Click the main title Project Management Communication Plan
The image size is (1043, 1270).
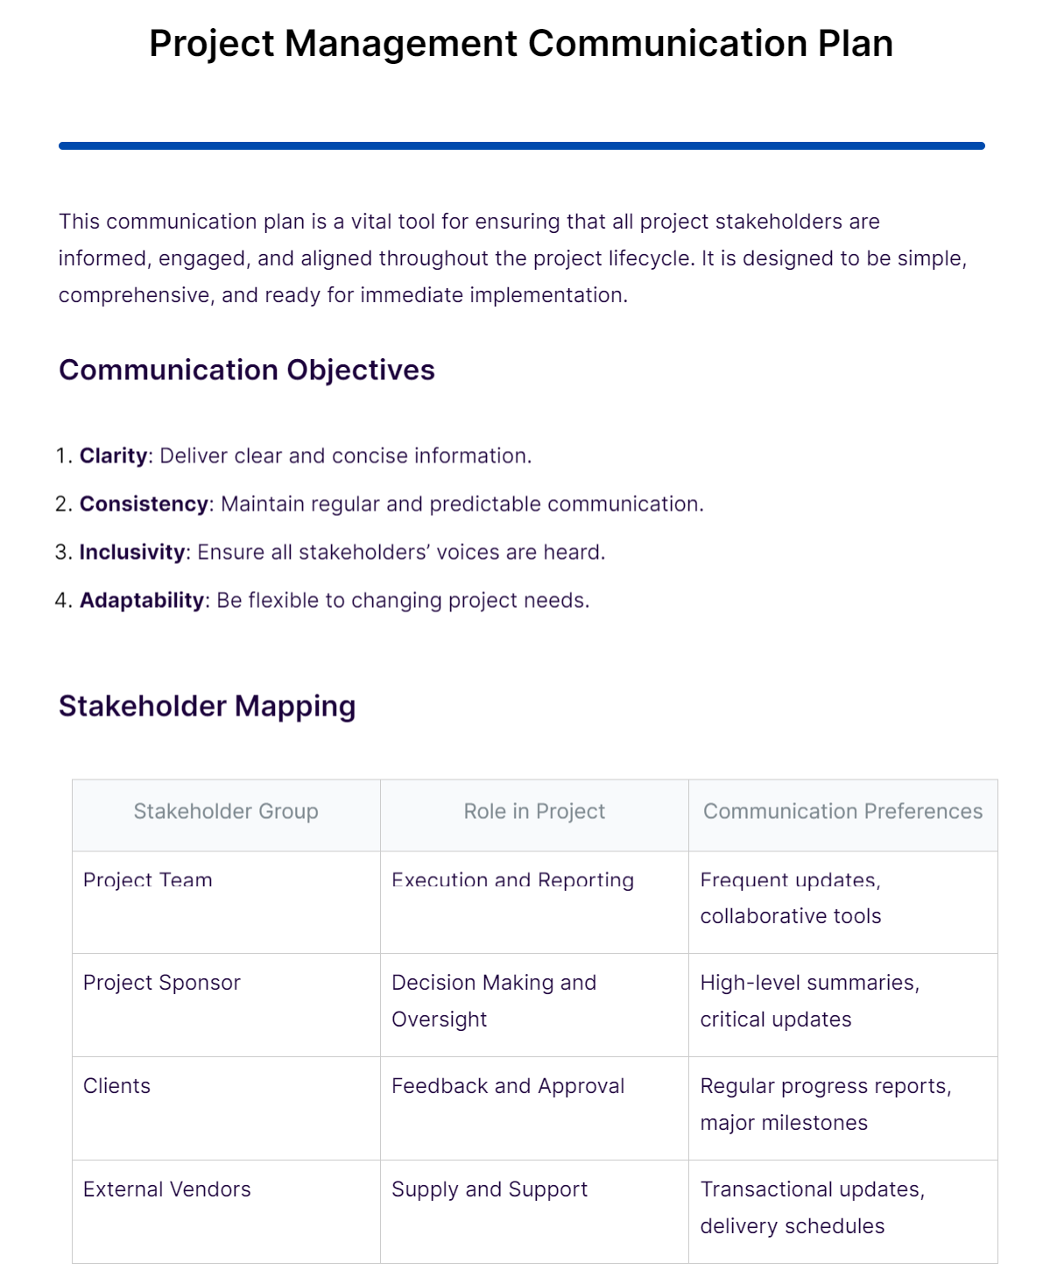tap(521, 44)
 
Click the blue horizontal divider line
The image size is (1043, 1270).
tap(521, 146)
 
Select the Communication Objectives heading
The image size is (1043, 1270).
tap(246, 370)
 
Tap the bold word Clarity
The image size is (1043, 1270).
tap(113, 456)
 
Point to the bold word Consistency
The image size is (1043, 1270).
tap(144, 504)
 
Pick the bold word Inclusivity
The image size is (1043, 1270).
tap(131, 553)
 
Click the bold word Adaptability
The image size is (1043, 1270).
tap(141, 601)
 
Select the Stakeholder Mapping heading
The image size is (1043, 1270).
tap(207, 707)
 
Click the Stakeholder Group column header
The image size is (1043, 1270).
tap(226, 812)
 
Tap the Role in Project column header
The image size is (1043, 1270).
tap(534, 812)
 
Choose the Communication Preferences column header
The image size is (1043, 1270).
tap(842, 812)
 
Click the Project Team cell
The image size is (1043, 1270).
tap(147, 880)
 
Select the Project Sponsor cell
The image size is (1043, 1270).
tap(161, 983)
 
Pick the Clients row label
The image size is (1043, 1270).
tap(116, 1086)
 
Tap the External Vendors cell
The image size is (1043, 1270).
tap(166, 1189)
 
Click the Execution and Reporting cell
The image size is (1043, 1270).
tap(512, 880)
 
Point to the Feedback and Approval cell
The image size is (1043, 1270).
tap(508, 1086)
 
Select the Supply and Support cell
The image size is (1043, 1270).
tap(490, 1189)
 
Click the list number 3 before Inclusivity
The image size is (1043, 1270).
tap(61, 553)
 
